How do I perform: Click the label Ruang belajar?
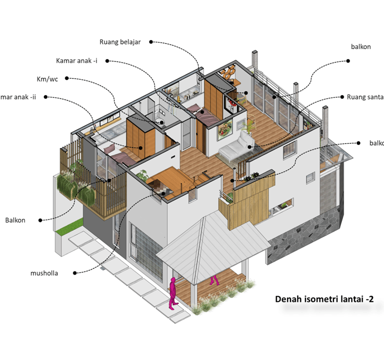coord(120,42)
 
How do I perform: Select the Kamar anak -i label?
coord(76,61)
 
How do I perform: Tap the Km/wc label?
coord(47,79)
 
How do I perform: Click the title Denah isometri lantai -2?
coord(324,299)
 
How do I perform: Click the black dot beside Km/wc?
coord(67,79)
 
